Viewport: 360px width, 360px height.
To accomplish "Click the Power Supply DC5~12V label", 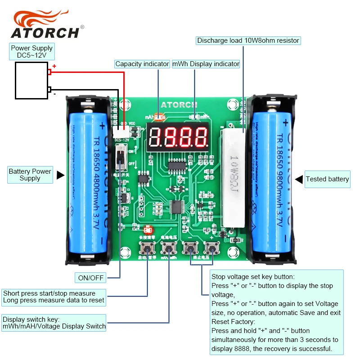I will [32, 52].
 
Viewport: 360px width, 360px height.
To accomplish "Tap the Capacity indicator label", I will [142, 64].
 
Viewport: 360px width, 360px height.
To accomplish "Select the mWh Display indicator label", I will [206, 64].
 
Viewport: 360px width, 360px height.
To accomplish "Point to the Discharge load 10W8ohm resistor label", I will [248, 40].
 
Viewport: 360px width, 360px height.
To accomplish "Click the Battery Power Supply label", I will [30, 175].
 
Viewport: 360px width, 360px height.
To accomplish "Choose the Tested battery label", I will [327, 179].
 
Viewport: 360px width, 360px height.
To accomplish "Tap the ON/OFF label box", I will [91, 278].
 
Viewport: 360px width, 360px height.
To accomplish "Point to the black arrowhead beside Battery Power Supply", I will [61, 175].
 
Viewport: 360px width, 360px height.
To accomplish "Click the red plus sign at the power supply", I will [54, 66].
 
